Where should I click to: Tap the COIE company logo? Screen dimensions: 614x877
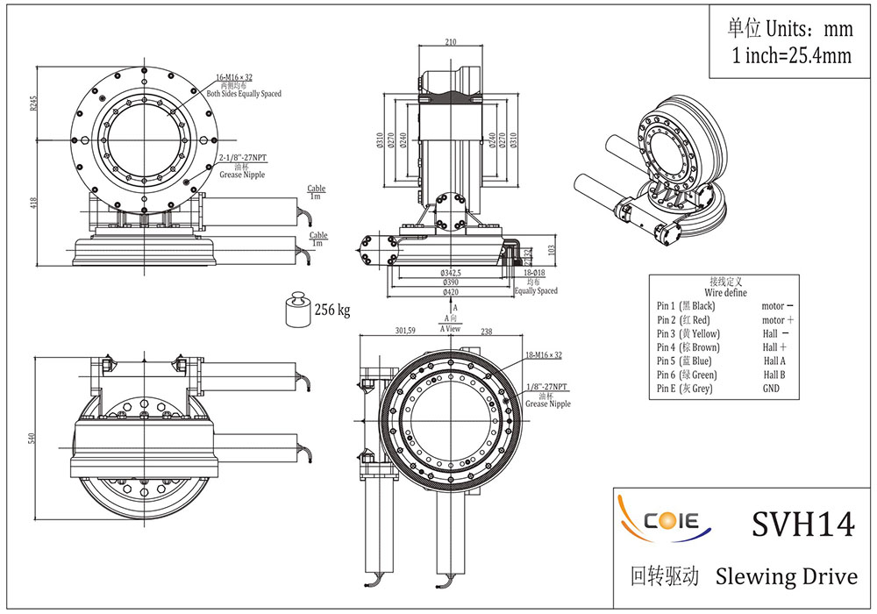click(669, 521)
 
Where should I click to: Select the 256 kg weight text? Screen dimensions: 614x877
click(332, 310)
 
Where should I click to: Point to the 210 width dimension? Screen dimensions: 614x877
click(452, 41)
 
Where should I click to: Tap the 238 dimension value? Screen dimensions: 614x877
click(487, 331)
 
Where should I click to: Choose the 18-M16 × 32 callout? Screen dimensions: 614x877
click(543, 355)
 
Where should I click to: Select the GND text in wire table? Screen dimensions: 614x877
click(771, 388)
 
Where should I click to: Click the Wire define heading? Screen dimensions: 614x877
click(725, 292)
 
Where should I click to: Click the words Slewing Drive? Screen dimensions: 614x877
click(786, 576)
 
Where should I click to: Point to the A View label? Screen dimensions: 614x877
click(451, 329)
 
